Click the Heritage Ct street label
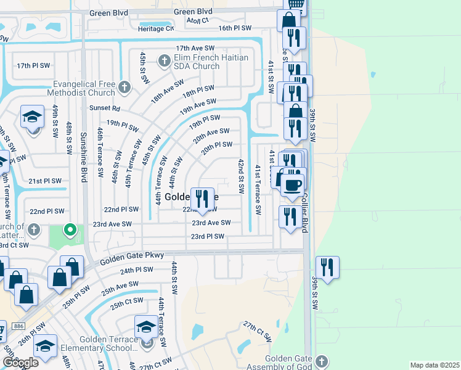pos(155,28)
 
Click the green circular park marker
pos(70,231)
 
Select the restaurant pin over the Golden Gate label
pos(202,199)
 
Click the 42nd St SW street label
pos(241,175)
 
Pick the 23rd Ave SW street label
pos(211,223)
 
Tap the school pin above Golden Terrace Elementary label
pos(145,327)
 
